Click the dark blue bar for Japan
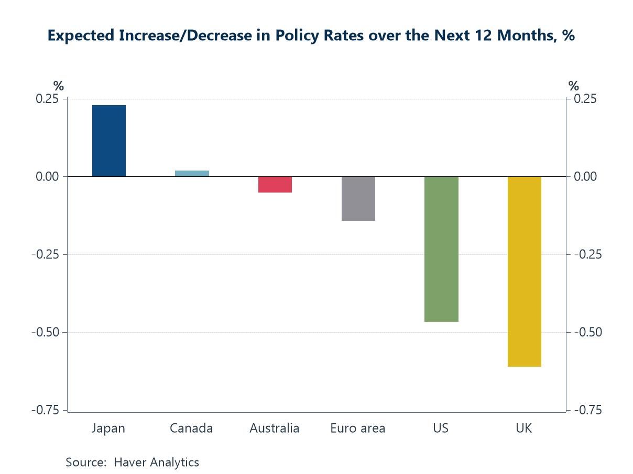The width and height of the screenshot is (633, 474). pos(109,141)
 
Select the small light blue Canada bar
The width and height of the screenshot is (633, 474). pos(192,174)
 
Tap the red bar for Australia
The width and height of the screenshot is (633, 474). pos(275,184)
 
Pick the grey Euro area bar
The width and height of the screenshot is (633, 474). pos(358,198)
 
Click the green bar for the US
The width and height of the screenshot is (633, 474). pos(441,249)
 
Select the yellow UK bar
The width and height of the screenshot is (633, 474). pos(524,271)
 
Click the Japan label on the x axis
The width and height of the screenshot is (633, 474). pos(108,428)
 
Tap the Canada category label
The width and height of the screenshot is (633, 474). pos(191,428)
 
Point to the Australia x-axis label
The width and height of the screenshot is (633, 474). pos(275,428)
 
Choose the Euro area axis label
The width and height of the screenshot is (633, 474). pos(358,428)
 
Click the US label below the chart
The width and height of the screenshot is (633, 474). pos(441,428)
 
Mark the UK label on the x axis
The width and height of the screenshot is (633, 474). pos(523,428)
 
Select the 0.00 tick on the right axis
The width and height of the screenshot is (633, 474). pos(586,177)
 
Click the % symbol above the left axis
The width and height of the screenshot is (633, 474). pos(58,86)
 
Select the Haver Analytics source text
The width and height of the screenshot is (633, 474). pos(156,462)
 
